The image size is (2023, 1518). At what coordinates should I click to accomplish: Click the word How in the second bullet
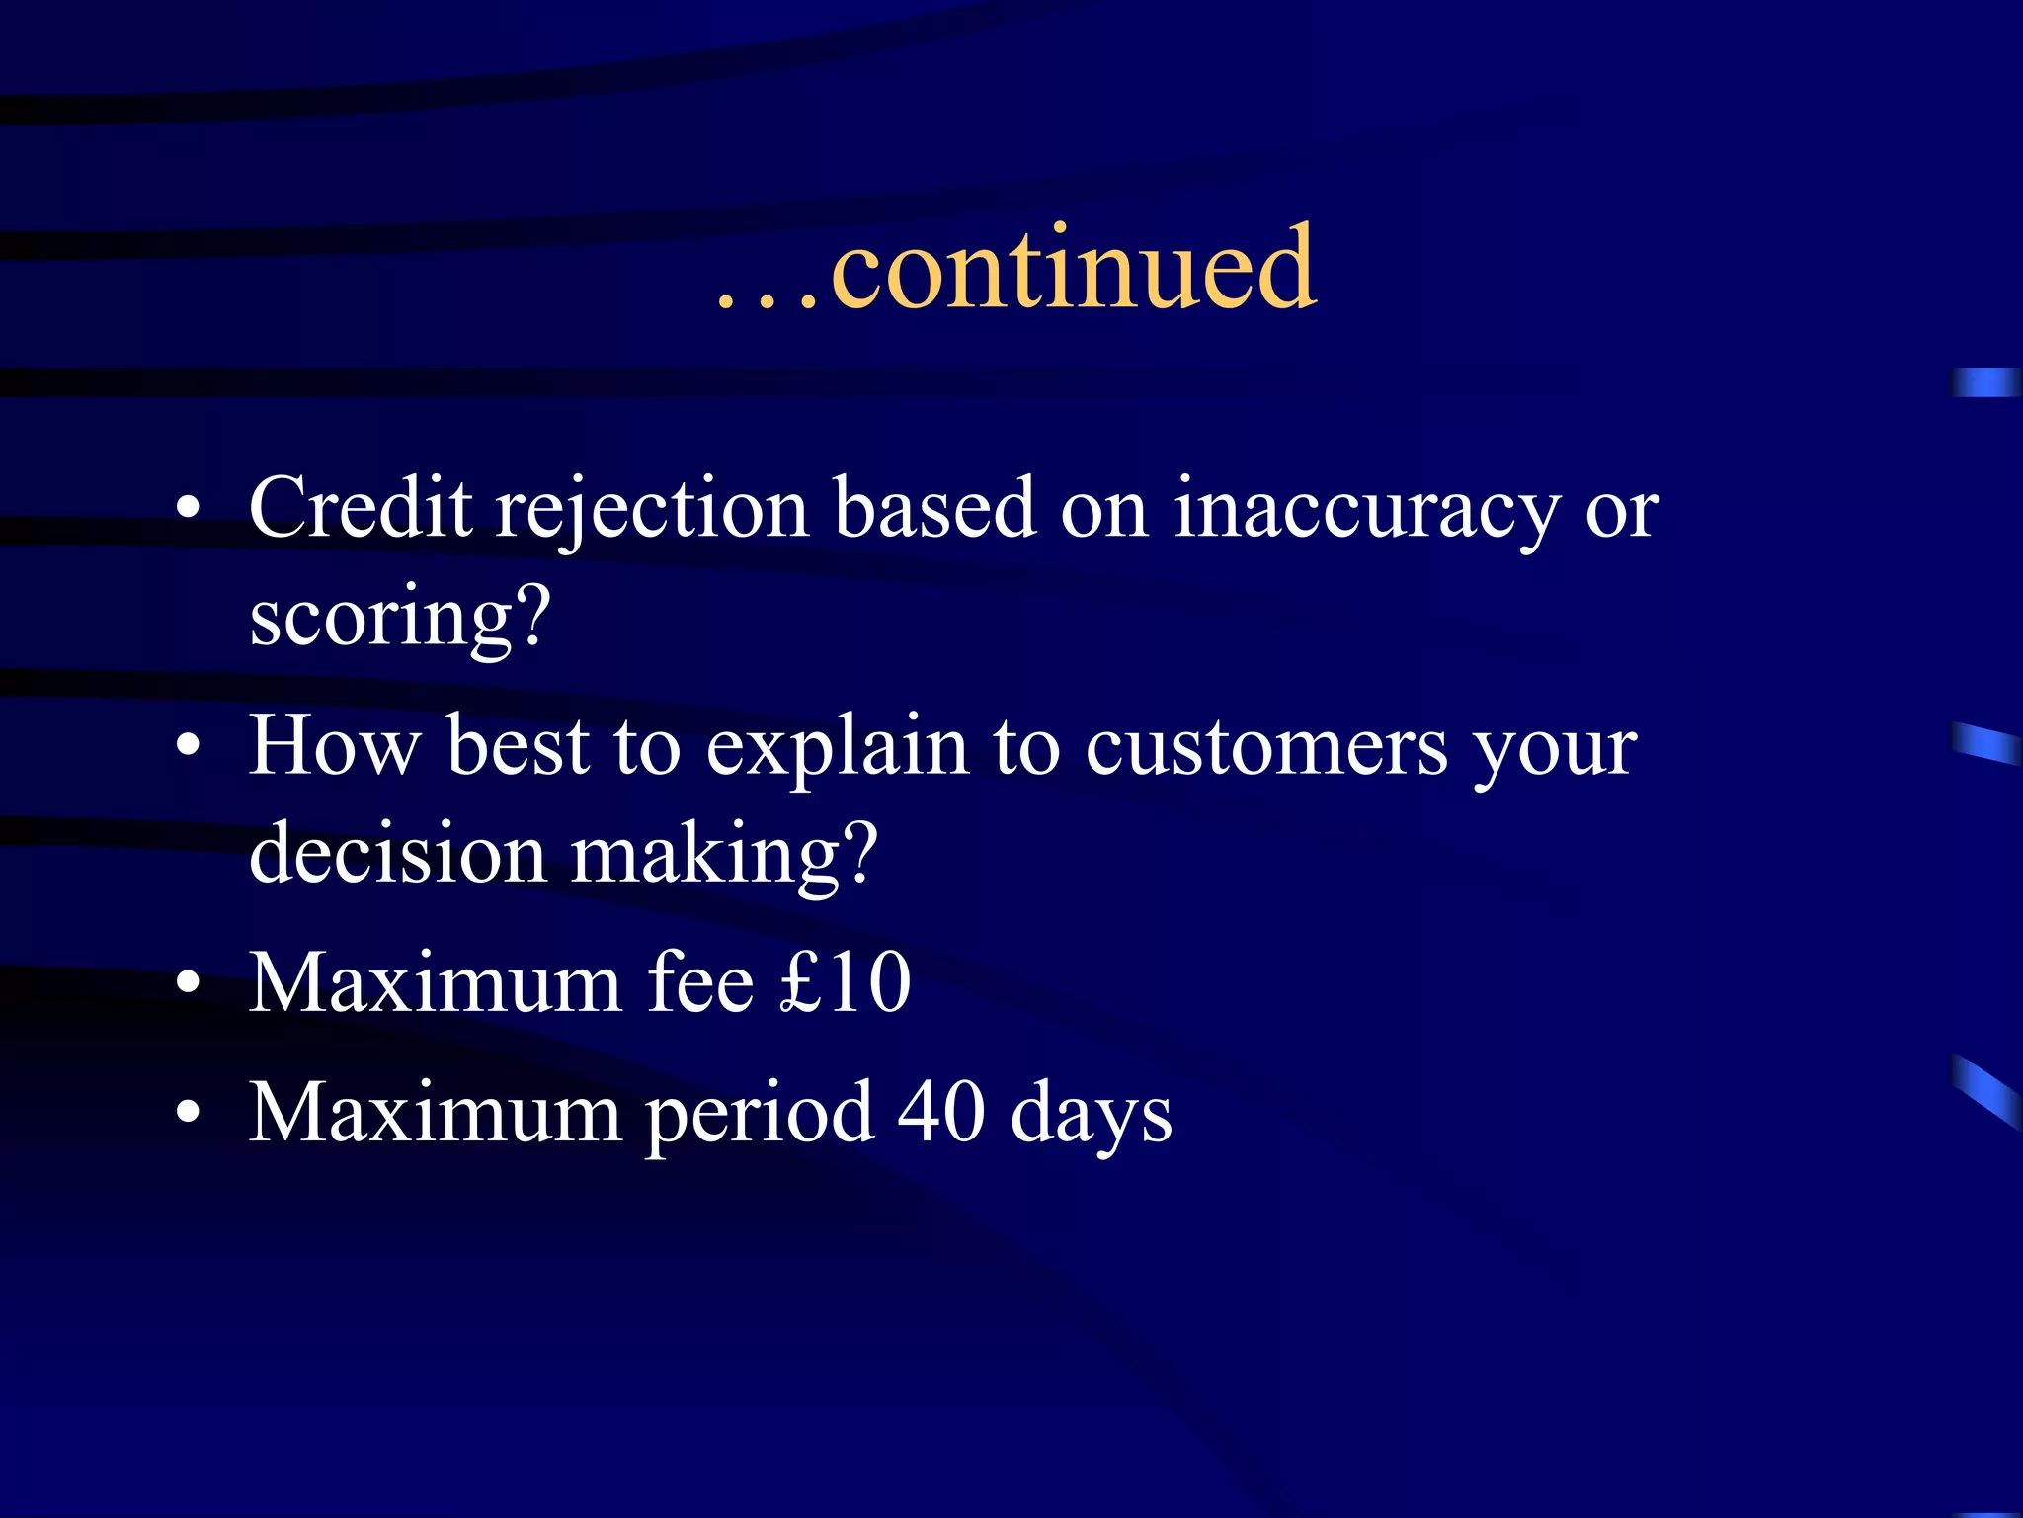pos(334,746)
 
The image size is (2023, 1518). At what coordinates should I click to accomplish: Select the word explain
pos(837,749)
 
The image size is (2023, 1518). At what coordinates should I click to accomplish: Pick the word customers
pos(1266,748)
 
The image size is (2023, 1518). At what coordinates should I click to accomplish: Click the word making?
pos(725,856)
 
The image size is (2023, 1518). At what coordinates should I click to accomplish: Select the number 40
pos(941,1112)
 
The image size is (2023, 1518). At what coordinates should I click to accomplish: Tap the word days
pos(1091,1116)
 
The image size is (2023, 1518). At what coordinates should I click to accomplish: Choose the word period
pos(760,1116)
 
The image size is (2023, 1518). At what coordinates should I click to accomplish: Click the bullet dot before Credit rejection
pos(188,510)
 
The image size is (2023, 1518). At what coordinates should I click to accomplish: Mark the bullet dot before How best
pos(188,748)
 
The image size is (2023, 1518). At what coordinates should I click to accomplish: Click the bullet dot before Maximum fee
pos(188,984)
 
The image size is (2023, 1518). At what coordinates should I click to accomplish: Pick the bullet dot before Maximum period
pos(188,1114)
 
